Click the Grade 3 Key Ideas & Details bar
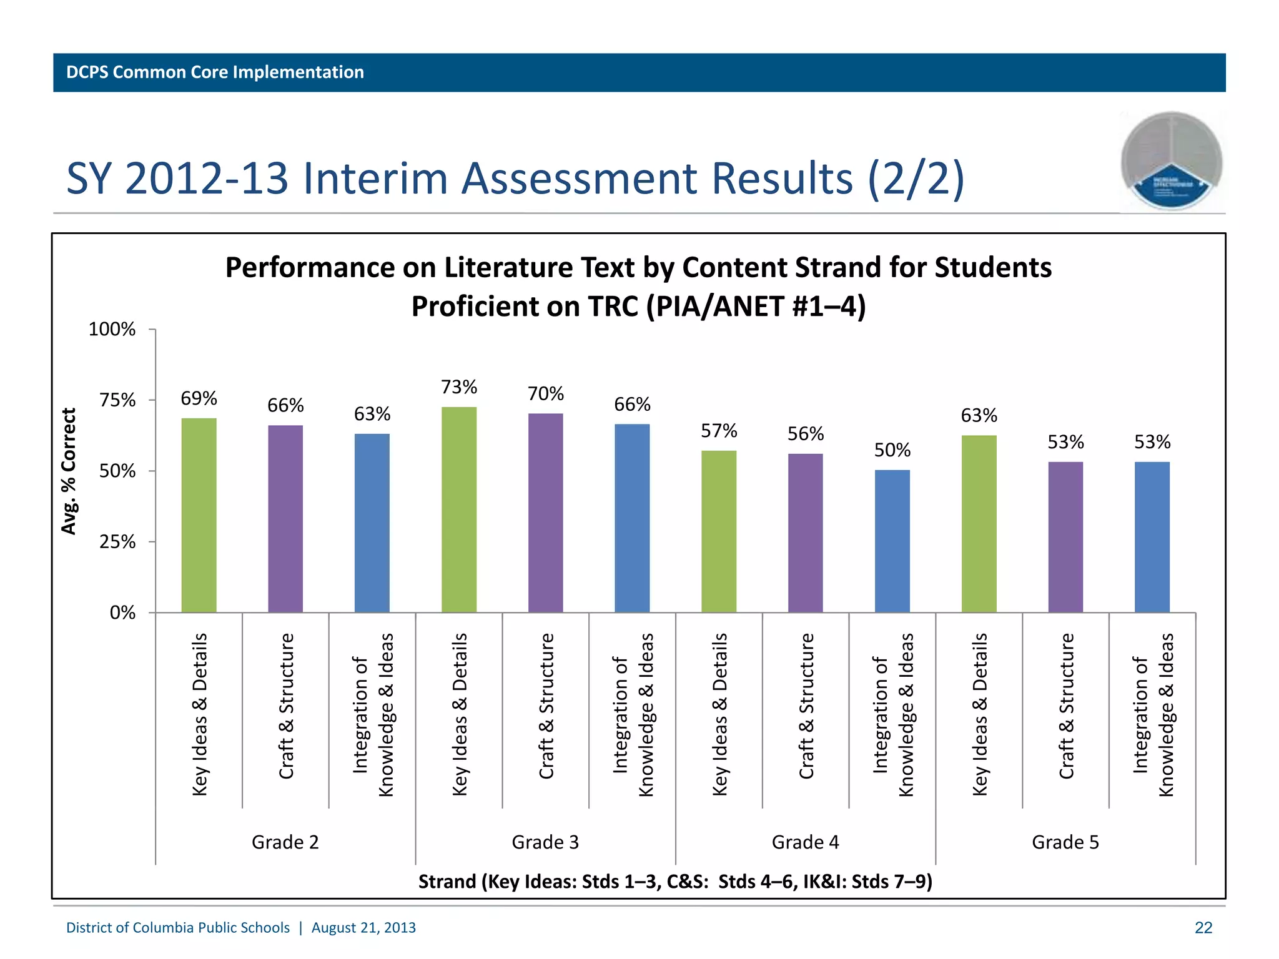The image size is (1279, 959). pos(458,509)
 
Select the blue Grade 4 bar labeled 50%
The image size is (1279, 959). pos(892,541)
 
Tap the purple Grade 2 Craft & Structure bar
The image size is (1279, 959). pos(285,518)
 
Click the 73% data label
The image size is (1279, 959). pos(459,387)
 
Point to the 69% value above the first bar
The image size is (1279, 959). pos(199,398)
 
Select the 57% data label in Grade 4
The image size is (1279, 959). pos(719,431)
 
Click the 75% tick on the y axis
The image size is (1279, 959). pos(117,400)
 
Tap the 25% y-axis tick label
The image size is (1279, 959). pos(117,542)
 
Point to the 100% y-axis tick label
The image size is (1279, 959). pos(112,330)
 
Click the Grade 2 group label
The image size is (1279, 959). pos(285,842)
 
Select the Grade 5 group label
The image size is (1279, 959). pos(1065,842)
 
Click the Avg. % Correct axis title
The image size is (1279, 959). pos(69,471)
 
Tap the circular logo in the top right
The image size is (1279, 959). pos(1171,161)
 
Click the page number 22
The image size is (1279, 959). pos(1203,928)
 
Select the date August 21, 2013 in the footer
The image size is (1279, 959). pos(363,928)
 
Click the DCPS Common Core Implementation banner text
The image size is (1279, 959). pos(215,72)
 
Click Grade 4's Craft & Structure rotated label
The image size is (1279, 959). pos(806,706)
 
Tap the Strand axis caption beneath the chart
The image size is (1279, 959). pos(674,882)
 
